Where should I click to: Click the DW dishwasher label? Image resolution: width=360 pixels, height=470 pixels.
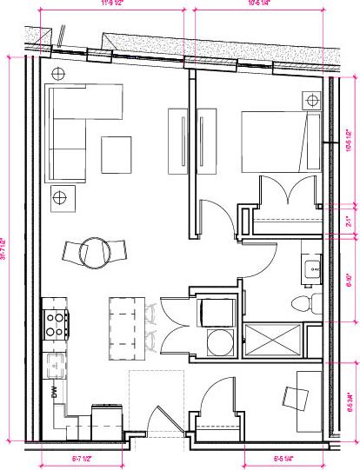point(54,391)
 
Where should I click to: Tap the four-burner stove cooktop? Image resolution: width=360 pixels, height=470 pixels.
point(56,323)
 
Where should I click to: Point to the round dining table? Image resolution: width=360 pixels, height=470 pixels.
point(94,253)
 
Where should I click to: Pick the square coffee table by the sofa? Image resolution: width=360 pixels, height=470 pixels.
point(117,155)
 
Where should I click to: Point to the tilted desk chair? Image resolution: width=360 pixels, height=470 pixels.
point(300,398)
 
